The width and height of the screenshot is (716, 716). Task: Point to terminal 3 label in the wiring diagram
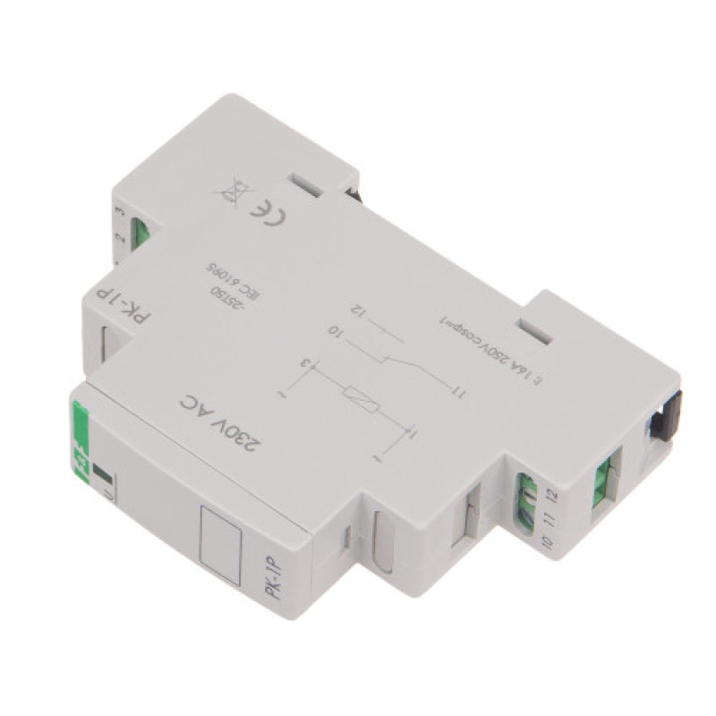tap(304, 363)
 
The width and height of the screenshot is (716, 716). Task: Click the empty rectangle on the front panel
tap(221, 539)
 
